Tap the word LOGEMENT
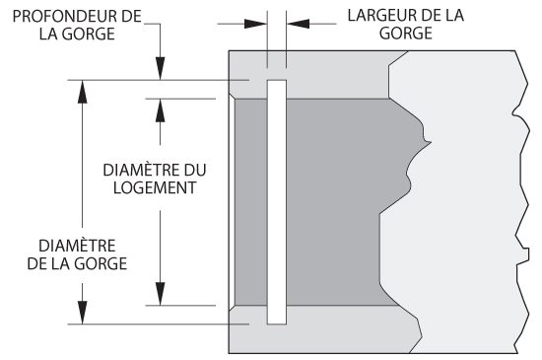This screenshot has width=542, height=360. tap(155, 187)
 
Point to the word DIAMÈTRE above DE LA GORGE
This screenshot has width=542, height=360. tap(77, 246)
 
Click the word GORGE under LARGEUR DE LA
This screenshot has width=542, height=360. tap(406, 34)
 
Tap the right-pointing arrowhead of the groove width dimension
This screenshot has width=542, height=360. tap(255, 24)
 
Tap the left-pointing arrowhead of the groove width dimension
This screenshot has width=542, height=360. tap(298, 24)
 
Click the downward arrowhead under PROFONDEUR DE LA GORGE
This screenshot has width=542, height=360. tap(160, 68)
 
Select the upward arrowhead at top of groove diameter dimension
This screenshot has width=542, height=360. tap(82, 92)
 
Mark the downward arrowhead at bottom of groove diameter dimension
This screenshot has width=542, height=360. tap(82, 313)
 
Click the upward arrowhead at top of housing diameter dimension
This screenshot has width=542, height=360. tap(160, 110)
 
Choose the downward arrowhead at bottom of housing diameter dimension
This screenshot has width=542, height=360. tap(160, 294)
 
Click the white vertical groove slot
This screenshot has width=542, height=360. tap(277, 202)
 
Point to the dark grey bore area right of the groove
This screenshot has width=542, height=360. tap(346, 202)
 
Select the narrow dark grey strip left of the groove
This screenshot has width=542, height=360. tap(251, 202)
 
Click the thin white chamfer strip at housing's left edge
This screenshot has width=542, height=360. tap(232, 202)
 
